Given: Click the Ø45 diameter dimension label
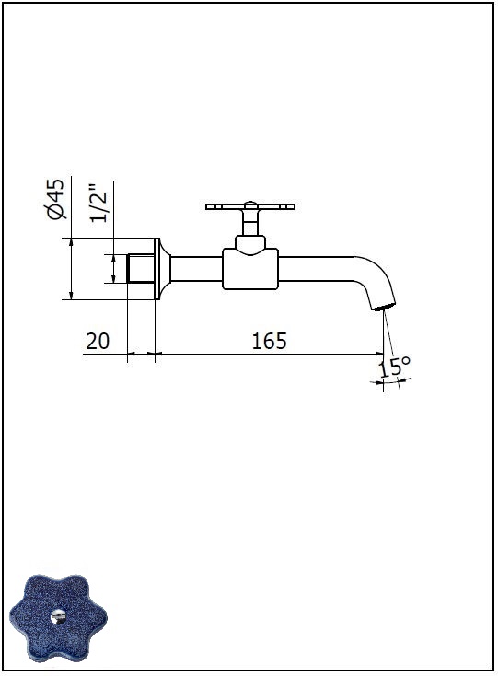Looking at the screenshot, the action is tap(57, 199).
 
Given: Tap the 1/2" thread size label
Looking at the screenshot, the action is tap(98, 203).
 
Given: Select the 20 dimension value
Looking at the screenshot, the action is tap(98, 341).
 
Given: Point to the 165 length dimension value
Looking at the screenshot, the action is tap(269, 341).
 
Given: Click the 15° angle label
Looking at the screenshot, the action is tap(394, 367).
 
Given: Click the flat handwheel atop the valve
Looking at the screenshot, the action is tap(250, 206).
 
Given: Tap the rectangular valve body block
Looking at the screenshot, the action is tap(250, 269).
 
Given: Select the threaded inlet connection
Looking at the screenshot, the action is tap(141, 269).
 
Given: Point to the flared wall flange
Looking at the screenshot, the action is tap(162, 269).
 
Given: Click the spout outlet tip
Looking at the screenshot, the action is tap(383, 307).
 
